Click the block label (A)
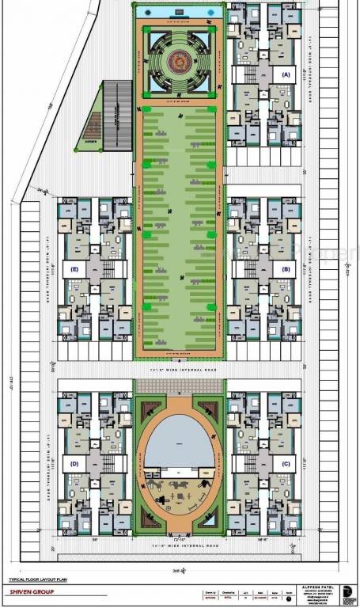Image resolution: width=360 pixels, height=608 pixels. point(286,74)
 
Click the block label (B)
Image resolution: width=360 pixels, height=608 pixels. point(286,268)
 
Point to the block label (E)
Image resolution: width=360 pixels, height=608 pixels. point(74,269)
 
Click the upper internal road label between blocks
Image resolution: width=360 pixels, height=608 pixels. point(179,370)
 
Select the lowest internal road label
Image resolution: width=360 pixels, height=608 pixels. point(179,546)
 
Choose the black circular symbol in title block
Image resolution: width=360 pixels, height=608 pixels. point(348,590)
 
